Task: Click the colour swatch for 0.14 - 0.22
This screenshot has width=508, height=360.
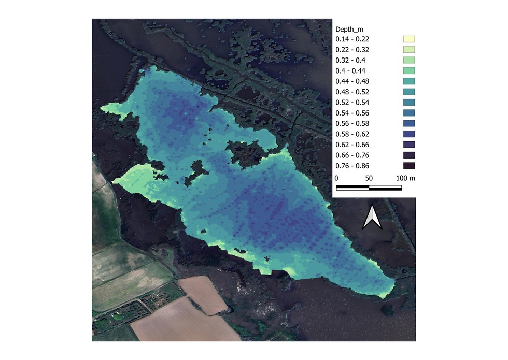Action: [x=410, y=39]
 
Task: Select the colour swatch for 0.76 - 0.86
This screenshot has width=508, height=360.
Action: [x=410, y=166]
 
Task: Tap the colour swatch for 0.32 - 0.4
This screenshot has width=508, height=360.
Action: [x=410, y=60]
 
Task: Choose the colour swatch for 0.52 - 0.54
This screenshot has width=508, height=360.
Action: [x=410, y=103]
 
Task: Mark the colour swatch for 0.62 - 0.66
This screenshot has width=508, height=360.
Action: [x=410, y=145]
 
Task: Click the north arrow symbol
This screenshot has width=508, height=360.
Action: [x=372, y=217]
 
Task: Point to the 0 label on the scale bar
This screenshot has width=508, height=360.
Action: [x=337, y=178]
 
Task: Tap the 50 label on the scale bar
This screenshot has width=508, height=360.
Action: [x=369, y=178]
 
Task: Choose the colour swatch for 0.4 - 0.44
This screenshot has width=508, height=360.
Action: [x=410, y=70]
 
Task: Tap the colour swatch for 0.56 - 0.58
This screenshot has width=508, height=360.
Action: [x=410, y=123]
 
